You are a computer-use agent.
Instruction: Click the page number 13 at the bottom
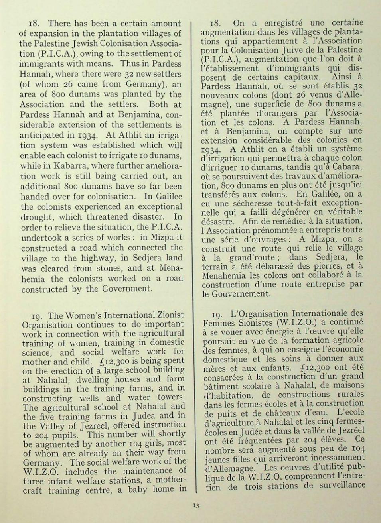tap(195, 506)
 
